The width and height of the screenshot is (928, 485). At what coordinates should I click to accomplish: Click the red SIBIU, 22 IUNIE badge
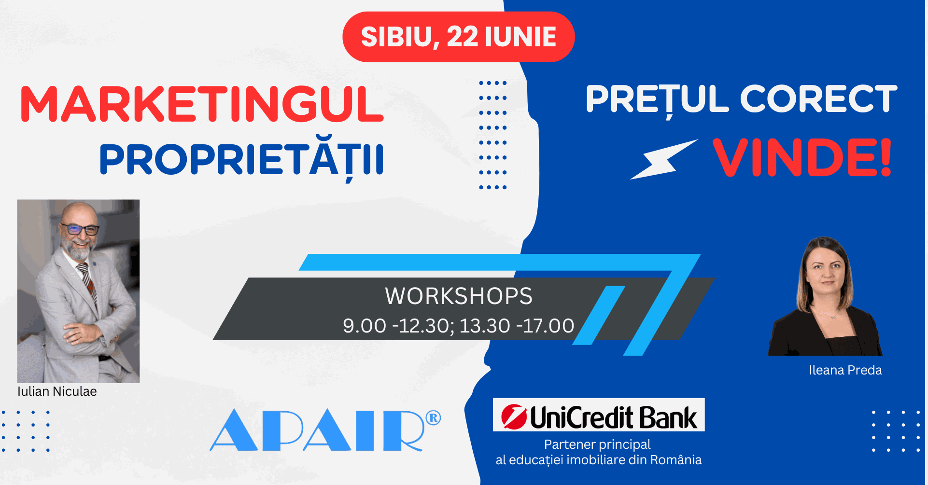coord(458,37)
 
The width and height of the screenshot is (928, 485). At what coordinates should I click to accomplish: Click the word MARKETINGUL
coord(202,104)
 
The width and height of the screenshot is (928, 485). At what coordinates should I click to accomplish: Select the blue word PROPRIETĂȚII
coord(241,160)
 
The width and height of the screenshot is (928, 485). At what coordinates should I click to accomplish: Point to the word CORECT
coord(818,98)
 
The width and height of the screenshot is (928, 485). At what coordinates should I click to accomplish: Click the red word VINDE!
coord(802,157)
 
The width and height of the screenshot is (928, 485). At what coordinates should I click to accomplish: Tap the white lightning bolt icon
coord(664,160)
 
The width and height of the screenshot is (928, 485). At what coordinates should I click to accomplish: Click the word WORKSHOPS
coord(459,296)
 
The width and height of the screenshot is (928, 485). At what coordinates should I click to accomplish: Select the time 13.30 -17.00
coord(517,326)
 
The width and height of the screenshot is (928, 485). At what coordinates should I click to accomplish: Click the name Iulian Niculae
coord(57,391)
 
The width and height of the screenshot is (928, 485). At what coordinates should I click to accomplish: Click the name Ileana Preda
coord(845,370)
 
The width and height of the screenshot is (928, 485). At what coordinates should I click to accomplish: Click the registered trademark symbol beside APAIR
coord(434,418)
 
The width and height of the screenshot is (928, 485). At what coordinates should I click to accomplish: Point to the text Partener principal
coord(597,444)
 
